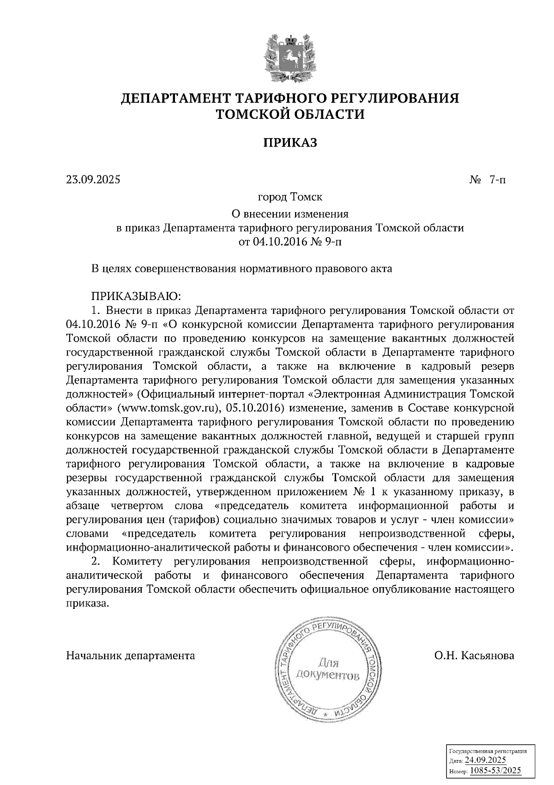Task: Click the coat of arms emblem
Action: coord(290,57)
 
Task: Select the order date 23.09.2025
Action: coord(93,179)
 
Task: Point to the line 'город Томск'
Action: coord(290,197)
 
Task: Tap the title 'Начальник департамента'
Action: coord(131,656)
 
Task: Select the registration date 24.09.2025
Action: coord(486,761)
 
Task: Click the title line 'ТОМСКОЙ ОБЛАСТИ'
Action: coord(290,114)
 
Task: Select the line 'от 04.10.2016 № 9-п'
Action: coord(290,242)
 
